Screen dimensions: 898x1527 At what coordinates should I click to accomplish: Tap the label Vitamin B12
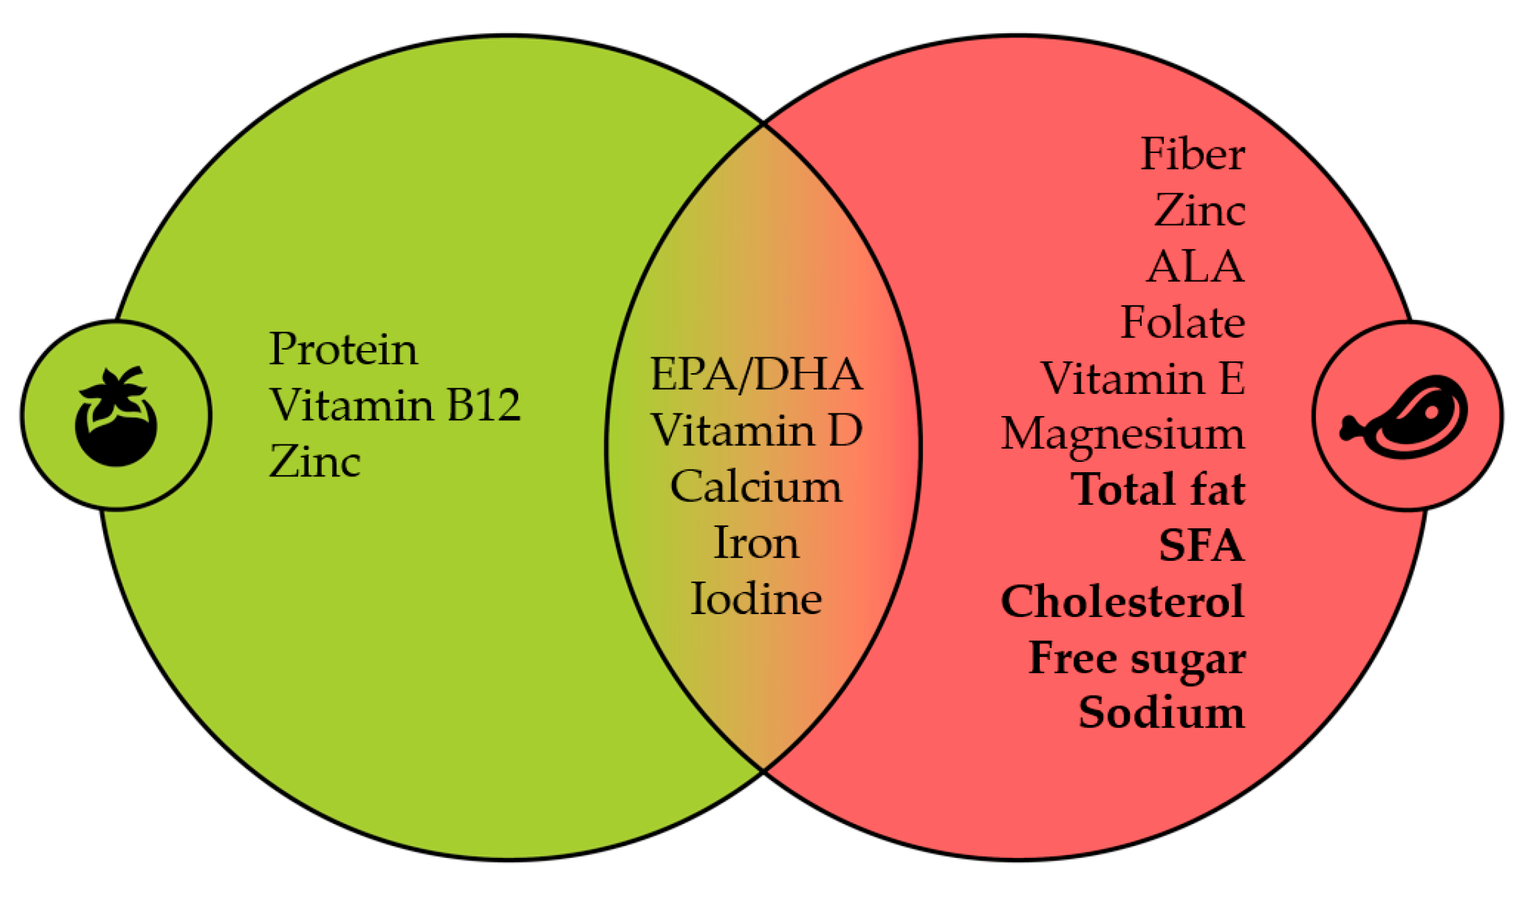[394, 405]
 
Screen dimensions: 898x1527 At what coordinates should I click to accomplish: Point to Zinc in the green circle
[315, 462]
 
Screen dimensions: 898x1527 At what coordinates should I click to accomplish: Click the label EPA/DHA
[756, 375]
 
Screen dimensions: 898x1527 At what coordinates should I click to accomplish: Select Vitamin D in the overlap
[756, 431]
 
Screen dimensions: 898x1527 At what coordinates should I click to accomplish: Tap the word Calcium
[756, 487]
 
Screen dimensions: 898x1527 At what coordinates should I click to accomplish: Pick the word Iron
[756, 543]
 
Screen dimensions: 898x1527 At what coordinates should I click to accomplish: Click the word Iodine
[756, 599]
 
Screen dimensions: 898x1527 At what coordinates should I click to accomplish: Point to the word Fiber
[1192, 154]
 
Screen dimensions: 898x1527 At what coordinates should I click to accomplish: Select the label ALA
[1196, 267]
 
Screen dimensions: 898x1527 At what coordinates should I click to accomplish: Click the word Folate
[1182, 323]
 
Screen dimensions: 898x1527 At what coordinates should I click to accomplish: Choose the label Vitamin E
[1143, 379]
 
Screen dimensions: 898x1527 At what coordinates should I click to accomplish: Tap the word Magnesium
[1122, 435]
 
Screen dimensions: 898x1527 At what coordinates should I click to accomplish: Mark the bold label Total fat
[1158, 490]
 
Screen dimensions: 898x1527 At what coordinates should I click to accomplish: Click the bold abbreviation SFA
[1201, 546]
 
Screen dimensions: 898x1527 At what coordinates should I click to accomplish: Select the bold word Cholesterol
[1122, 602]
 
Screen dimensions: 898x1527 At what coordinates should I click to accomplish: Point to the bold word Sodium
[1162, 713]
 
